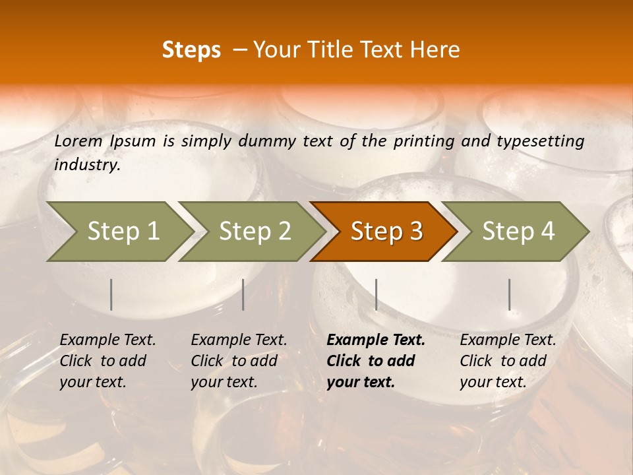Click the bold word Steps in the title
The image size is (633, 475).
(191, 50)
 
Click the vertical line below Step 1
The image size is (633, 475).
(111, 294)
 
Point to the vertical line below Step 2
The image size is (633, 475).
(243, 294)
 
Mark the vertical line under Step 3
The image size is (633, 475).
(376, 294)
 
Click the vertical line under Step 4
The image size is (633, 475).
(509, 294)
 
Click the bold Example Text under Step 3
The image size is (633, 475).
(376, 340)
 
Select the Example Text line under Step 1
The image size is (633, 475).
(107, 340)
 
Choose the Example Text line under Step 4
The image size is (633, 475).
(508, 340)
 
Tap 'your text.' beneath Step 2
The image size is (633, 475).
(224, 382)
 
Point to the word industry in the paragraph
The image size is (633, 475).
(87, 164)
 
